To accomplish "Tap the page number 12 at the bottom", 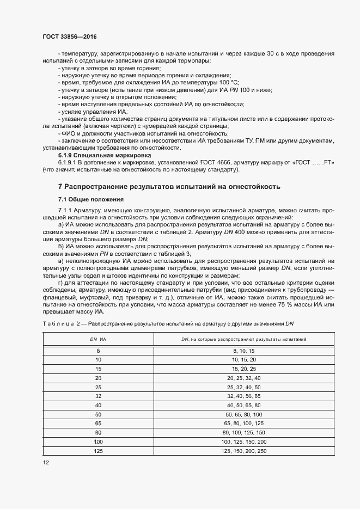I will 46,462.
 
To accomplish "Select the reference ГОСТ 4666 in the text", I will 201,162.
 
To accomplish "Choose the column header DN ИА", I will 98,339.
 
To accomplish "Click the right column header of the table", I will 243,339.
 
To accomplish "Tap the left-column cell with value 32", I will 98,396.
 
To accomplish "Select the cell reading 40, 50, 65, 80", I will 243,405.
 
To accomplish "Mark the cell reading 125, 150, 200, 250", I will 243,451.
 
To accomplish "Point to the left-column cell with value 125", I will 98,451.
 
